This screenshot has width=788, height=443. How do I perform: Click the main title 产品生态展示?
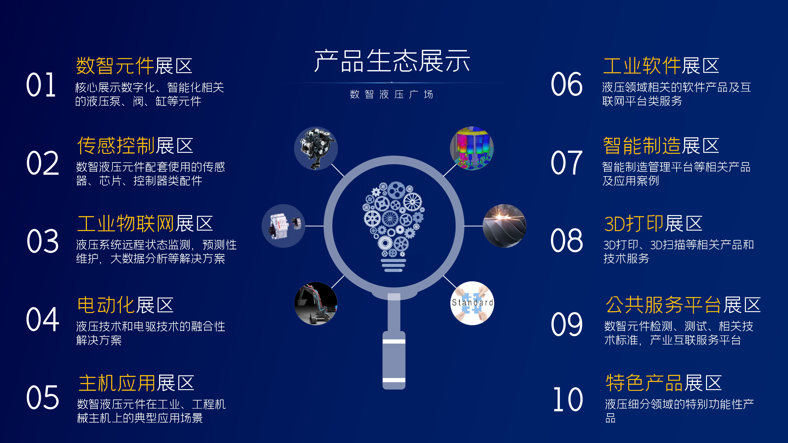pos(392,61)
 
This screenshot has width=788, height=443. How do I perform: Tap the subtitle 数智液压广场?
pos(392,94)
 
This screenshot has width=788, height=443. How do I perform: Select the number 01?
pos(41,85)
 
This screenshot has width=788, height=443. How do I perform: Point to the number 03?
pos(43,241)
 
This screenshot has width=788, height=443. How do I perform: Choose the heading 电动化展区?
pos(125,305)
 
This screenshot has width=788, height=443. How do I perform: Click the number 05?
pos(43,397)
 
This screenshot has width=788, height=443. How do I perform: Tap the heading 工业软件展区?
pos(661,66)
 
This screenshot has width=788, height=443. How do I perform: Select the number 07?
pos(567,163)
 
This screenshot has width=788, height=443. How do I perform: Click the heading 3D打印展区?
pos(653,223)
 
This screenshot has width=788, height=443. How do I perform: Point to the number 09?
pos(567,324)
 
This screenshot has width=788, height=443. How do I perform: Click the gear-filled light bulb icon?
pos(394,226)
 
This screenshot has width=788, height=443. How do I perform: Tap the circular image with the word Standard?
pos(472,303)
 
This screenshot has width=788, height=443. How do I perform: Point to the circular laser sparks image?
pos(504,226)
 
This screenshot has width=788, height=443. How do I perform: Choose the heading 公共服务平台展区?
pos(683,305)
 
